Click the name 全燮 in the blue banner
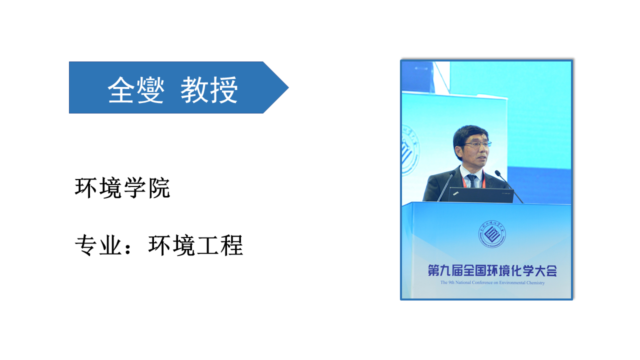click(136, 89)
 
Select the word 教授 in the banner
click(209, 89)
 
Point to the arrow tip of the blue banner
click(288, 87)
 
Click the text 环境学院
click(122, 187)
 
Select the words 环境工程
click(195, 245)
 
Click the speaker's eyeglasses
click(477, 144)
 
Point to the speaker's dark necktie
click(471, 180)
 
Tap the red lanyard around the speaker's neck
click(472, 180)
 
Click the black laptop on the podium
click(481, 195)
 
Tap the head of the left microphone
click(452, 173)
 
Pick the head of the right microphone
click(497, 172)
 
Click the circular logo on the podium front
click(492, 234)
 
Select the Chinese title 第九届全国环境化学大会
click(492, 270)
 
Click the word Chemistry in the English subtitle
click(535, 282)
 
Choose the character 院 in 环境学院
click(159, 187)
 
